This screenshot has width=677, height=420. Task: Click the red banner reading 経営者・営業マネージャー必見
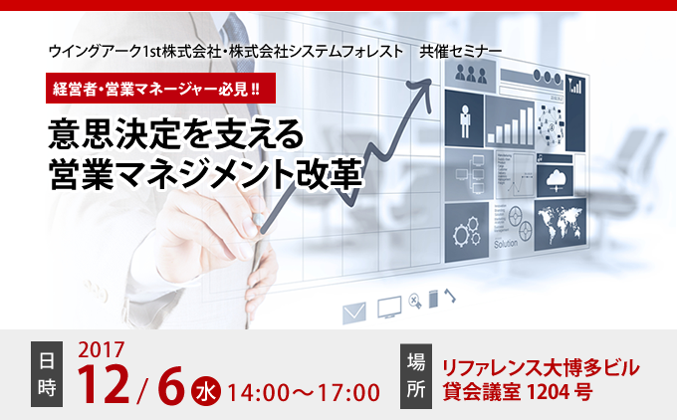click(x=160, y=88)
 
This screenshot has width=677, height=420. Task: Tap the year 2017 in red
click(x=102, y=350)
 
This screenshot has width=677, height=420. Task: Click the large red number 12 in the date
click(x=104, y=384)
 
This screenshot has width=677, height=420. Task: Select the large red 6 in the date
click(x=171, y=384)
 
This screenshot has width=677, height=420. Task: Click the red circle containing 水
click(x=206, y=391)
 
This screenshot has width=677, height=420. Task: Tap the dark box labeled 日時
click(x=47, y=374)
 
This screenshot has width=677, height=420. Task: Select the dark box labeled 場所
click(x=416, y=376)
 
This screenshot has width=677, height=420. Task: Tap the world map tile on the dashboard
click(x=561, y=224)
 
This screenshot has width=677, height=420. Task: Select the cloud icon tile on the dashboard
click(x=555, y=180)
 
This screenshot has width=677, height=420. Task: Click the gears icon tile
click(x=467, y=232)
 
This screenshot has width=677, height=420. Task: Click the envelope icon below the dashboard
click(x=354, y=313)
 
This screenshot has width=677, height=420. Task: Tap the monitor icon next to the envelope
click(x=389, y=307)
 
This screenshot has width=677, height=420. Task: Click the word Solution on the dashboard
click(x=506, y=244)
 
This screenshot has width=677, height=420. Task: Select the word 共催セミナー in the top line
click(x=461, y=52)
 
